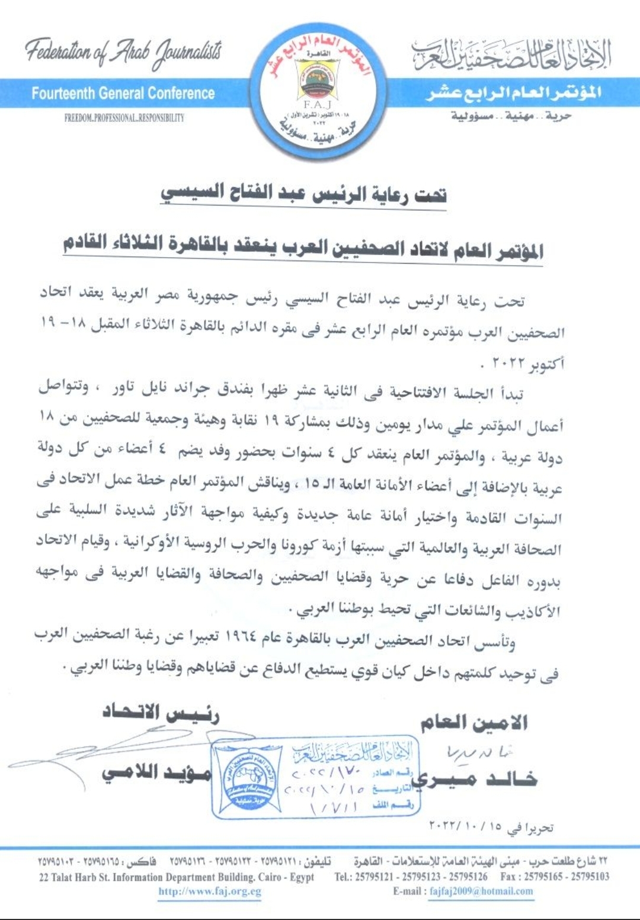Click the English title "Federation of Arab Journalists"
[123, 52]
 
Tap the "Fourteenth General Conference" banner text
[123, 94]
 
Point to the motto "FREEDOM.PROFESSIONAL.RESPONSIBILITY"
[124, 118]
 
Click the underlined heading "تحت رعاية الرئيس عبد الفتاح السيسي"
[303, 194]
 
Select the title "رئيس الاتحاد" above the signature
[161, 713]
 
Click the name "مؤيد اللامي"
[156, 772]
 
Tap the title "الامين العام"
[474, 722]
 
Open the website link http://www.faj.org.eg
[210, 892]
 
